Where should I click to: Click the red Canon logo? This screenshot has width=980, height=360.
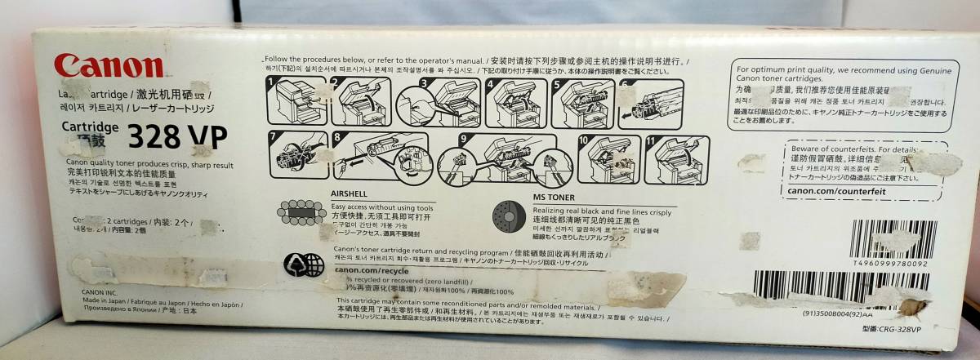(x=109, y=66)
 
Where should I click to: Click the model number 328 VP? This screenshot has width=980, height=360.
(x=176, y=133)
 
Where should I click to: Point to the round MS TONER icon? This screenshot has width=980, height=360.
(x=509, y=216)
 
